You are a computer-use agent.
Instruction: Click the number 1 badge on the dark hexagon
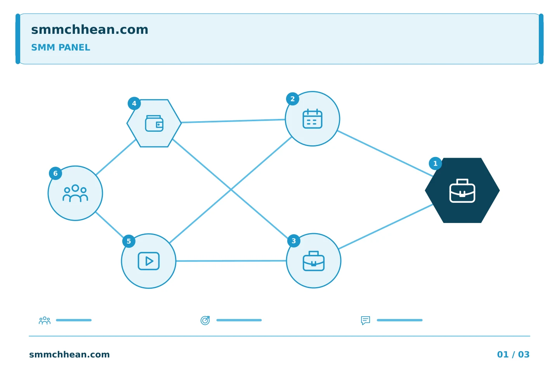435,164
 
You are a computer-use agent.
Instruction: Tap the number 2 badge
292,99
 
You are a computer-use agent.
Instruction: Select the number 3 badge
294,241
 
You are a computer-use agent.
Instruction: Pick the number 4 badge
134,103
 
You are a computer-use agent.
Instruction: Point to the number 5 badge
129,241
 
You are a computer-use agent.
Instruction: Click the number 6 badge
56,173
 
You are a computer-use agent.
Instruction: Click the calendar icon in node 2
312,119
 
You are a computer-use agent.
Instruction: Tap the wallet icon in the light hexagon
154,123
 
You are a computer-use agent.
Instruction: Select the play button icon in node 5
149,261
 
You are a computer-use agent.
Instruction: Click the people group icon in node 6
75,193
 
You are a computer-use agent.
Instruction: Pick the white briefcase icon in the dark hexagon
462,191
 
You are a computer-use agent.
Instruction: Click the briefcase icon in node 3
313,261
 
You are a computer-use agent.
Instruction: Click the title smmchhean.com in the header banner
90,30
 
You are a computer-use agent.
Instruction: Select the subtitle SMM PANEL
61,47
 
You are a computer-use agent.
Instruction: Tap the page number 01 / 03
513,354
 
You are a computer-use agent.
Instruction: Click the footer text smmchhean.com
69,354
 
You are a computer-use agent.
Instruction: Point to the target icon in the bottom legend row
205,320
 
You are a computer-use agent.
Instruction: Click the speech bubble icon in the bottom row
366,320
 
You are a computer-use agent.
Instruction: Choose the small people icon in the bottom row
45,321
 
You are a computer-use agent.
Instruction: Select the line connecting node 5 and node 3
231,261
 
